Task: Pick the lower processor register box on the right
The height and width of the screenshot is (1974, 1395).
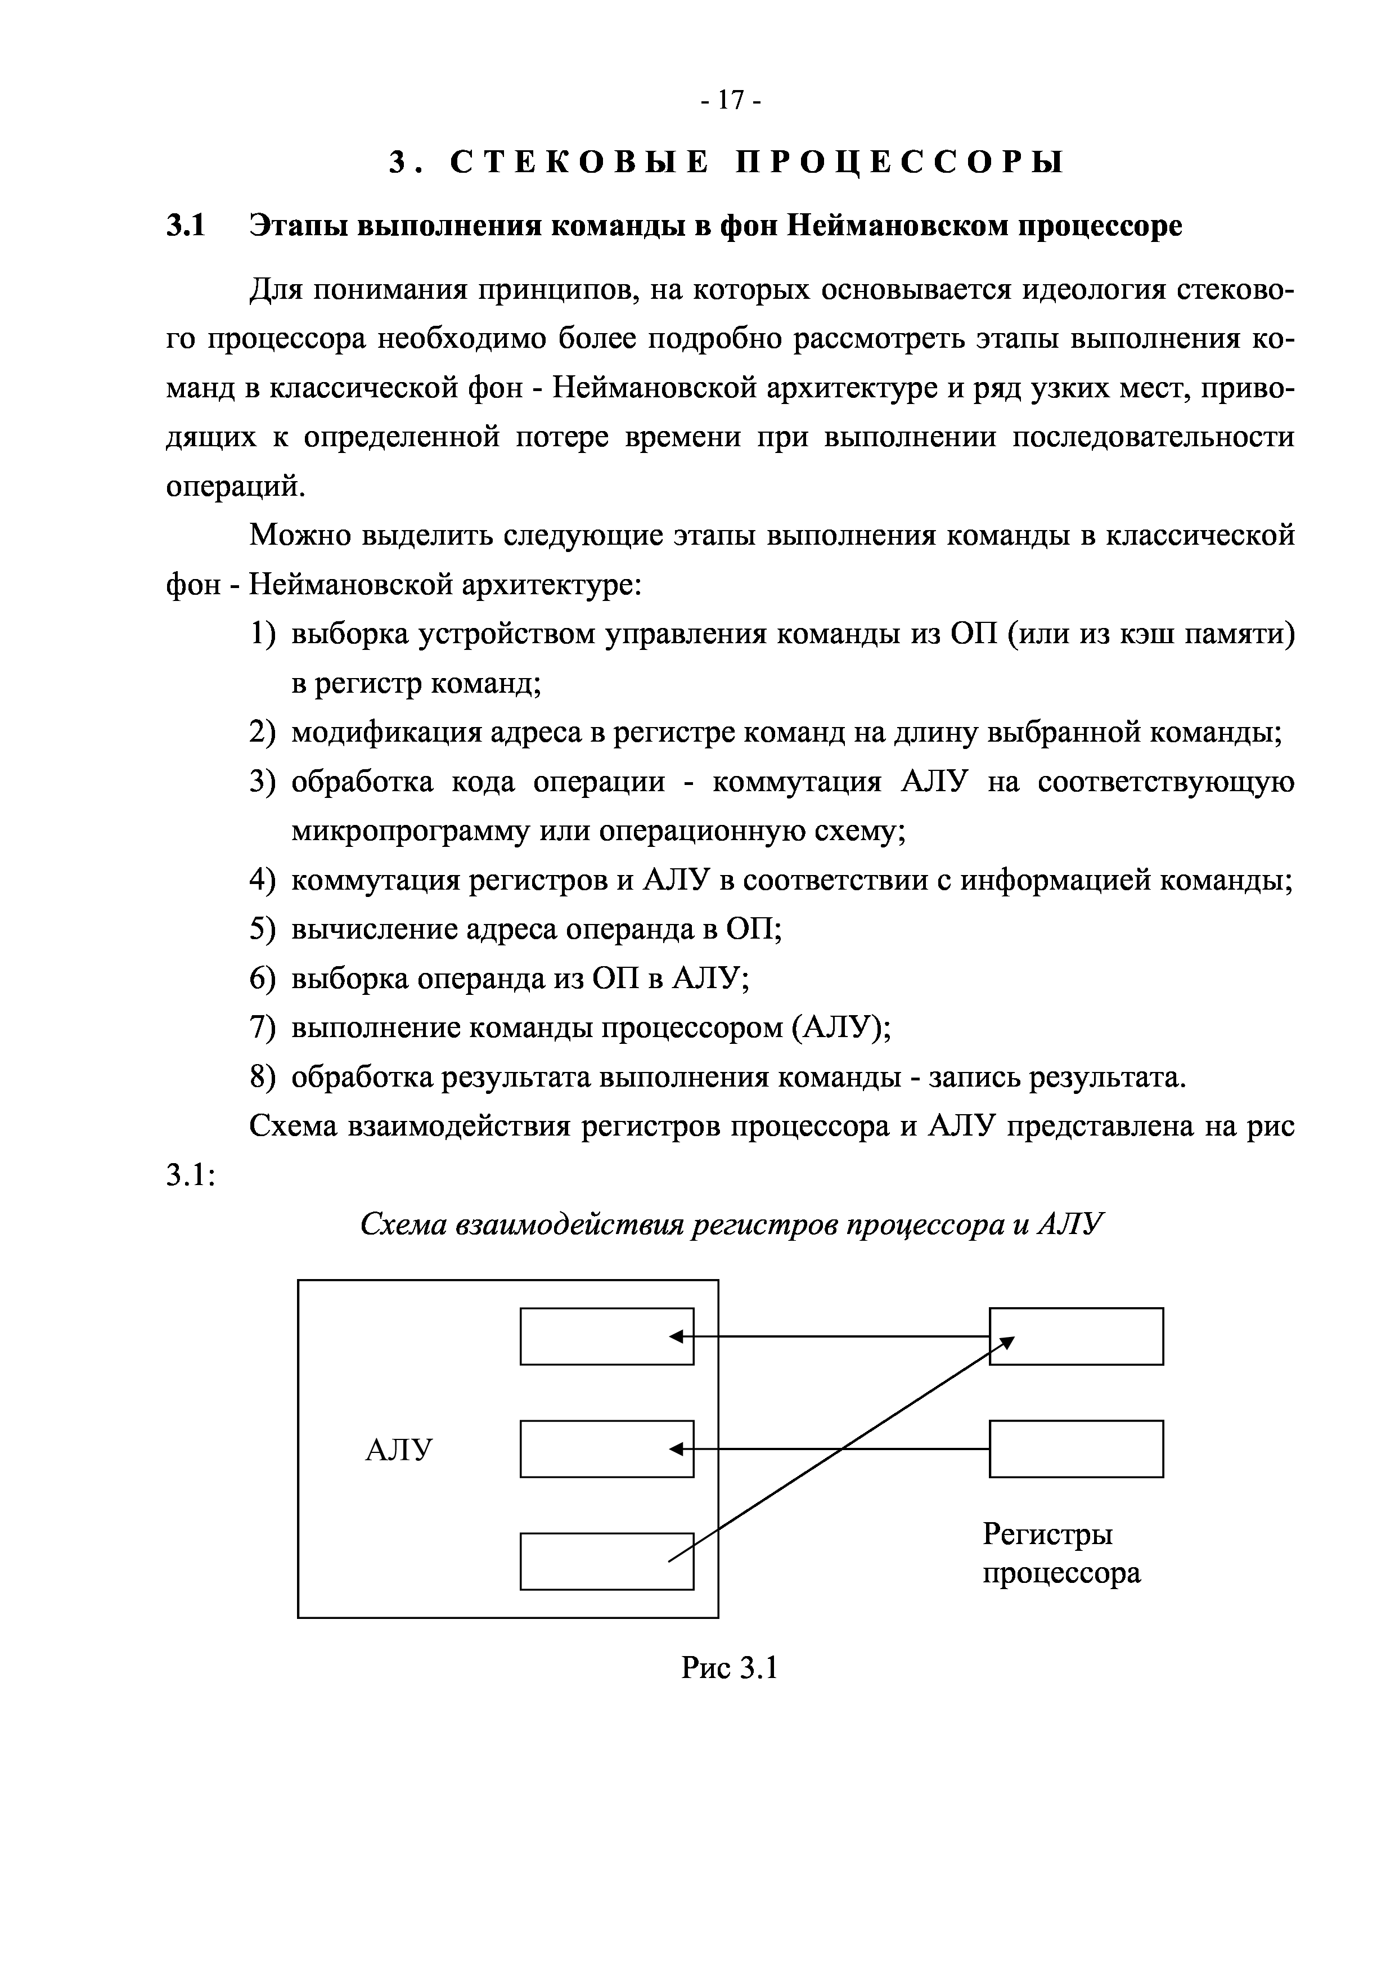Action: (1076, 1448)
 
